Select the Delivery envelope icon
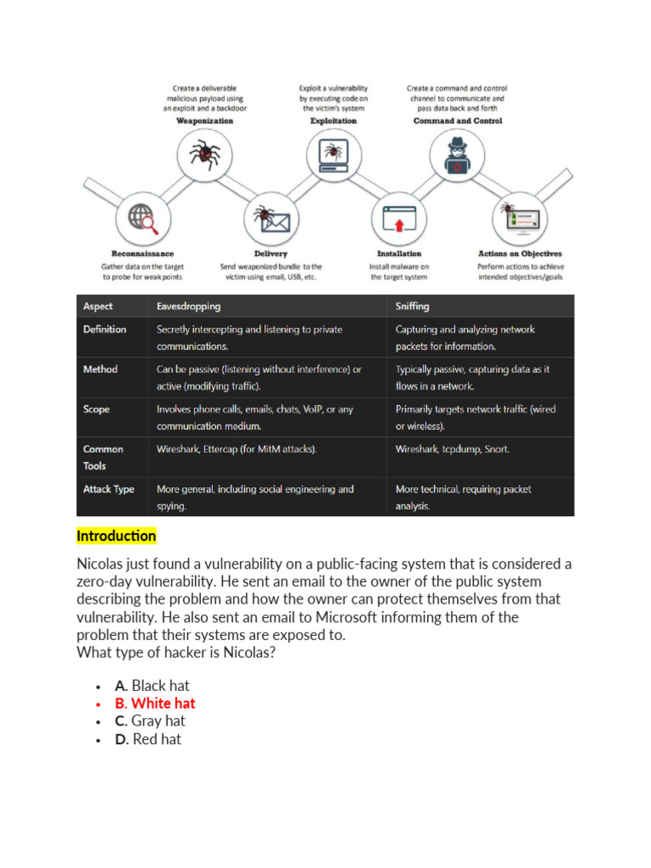[x=270, y=219]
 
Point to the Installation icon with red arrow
[x=398, y=219]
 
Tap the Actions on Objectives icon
[x=520, y=219]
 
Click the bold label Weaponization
[x=204, y=121]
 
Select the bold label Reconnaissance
[x=142, y=253]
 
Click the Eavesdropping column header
[x=188, y=306]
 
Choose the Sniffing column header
[x=412, y=306]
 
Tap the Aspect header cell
[x=97, y=306]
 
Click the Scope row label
[x=97, y=409]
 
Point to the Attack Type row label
[x=108, y=489]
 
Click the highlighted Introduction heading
[x=116, y=536]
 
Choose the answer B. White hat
[x=155, y=704]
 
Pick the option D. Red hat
[x=148, y=739]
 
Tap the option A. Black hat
[x=153, y=686]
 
